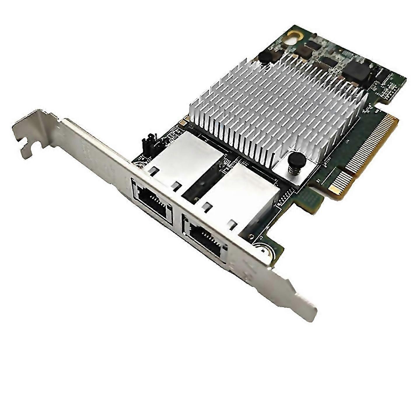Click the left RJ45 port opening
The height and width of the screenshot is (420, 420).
pyautogui.click(x=152, y=200)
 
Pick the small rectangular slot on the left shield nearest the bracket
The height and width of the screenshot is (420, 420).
pyautogui.click(x=152, y=170)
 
